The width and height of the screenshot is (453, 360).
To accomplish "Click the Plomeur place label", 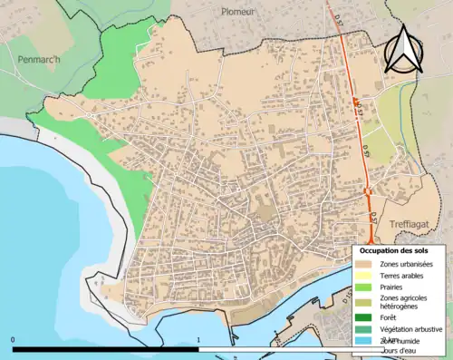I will pyautogui.click(x=237, y=12).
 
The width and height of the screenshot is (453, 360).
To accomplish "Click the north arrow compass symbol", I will pyautogui.click(x=405, y=49).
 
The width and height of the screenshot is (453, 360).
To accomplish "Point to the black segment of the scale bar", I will pyautogui.click(x=105, y=348).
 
